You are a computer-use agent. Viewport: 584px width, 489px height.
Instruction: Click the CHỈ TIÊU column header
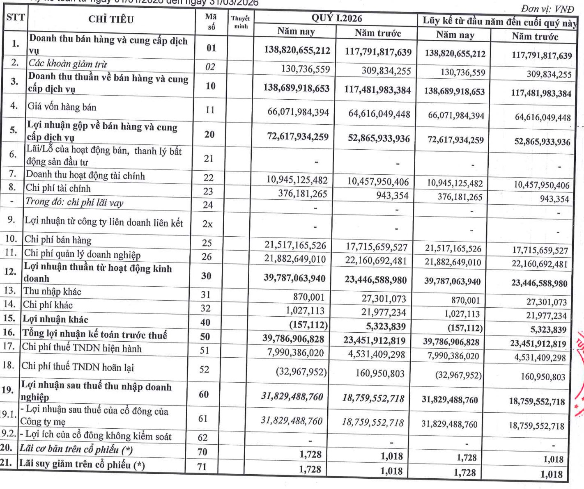click(111, 19)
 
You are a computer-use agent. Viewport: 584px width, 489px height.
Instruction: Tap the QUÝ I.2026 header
click(336, 18)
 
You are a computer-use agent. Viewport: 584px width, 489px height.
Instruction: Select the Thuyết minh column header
click(241, 22)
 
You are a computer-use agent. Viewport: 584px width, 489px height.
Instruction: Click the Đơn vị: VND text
click(547, 9)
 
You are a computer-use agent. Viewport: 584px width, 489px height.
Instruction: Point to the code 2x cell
click(208, 224)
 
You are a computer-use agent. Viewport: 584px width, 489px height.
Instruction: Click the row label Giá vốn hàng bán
click(62, 107)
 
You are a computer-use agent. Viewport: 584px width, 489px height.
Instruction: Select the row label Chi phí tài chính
click(58, 188)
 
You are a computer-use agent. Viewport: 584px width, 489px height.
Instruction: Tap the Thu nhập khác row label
click(52, 292)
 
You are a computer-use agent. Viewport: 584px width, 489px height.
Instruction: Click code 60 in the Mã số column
click(204, 394)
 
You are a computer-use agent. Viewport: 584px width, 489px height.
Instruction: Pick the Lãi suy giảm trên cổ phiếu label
click(82, 464)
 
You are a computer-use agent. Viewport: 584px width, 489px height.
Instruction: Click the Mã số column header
click(211, 21)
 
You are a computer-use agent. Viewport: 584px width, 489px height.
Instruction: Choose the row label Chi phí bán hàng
click(58, 240)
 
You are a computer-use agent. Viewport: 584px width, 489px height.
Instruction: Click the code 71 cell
click(202, 466)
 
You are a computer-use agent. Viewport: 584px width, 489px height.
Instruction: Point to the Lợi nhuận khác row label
click(55, 319)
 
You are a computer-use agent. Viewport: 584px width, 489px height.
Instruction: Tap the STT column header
click(16, 17)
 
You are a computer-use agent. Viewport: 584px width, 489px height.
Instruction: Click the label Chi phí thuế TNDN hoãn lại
click(78, 366)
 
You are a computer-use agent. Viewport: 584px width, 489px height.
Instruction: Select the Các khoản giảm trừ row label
click(68, 64)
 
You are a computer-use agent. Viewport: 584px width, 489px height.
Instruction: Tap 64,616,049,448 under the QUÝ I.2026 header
click(379, 114)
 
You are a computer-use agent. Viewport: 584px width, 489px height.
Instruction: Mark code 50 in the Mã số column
click(205, 337)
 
